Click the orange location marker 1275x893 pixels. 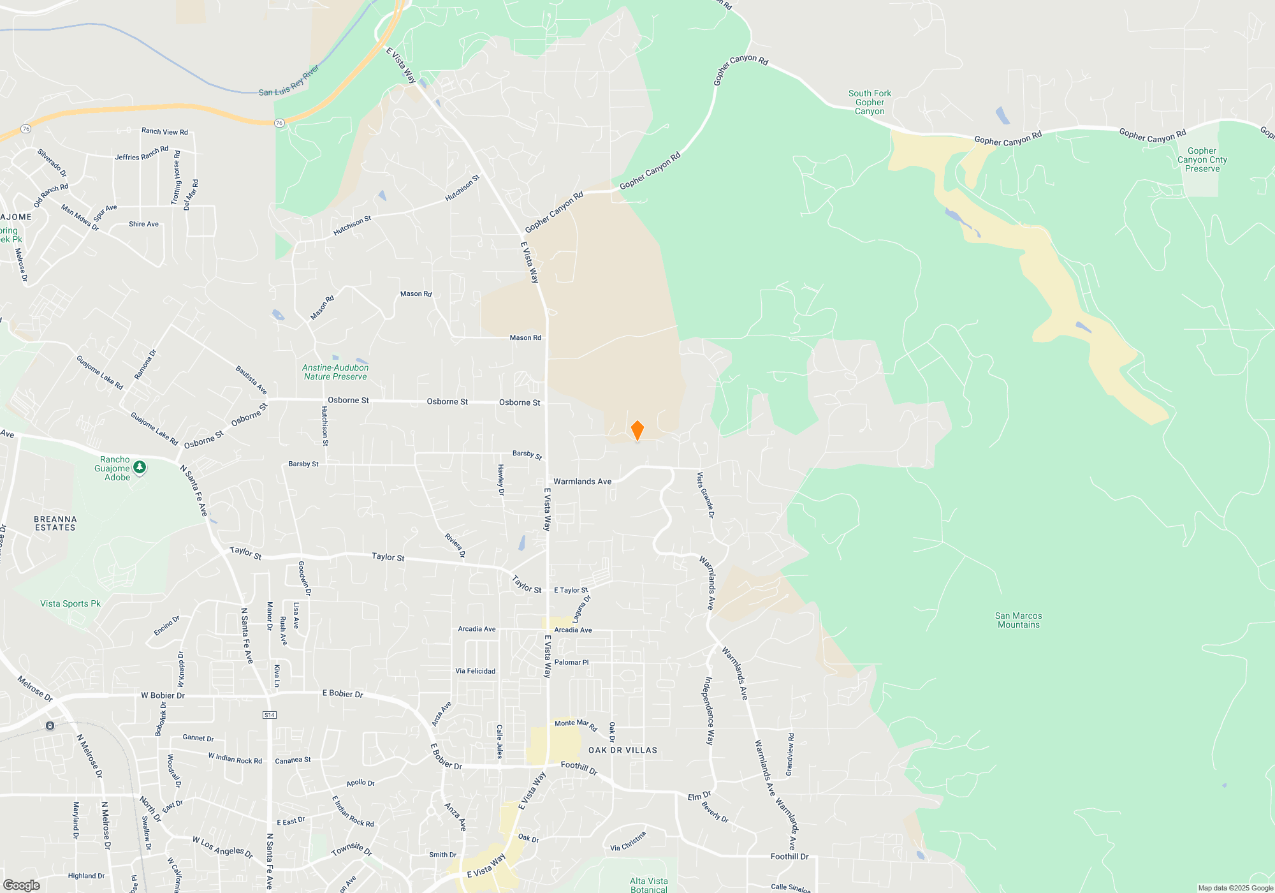637,431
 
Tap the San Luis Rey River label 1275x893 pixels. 289,81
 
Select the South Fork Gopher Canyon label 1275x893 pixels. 870,102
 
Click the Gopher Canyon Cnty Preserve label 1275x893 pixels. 1202,160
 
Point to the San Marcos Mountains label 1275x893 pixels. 1018,620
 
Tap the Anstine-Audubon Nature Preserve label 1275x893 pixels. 335,373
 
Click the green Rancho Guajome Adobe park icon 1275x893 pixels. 140,468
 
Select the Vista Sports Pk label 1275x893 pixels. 70,603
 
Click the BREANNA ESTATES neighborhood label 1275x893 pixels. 55,524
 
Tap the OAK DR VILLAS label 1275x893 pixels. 622,750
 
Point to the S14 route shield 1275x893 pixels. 270,715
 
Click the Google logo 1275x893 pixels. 21,885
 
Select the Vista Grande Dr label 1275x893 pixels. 705,494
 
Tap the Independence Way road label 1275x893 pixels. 709,711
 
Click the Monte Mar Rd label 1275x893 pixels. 576,724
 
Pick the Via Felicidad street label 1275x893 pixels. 475,671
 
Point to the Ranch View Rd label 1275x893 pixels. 164,131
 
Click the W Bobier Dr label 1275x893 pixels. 163,695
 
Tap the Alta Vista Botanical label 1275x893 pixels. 648,885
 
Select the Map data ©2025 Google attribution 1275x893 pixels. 1235,888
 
